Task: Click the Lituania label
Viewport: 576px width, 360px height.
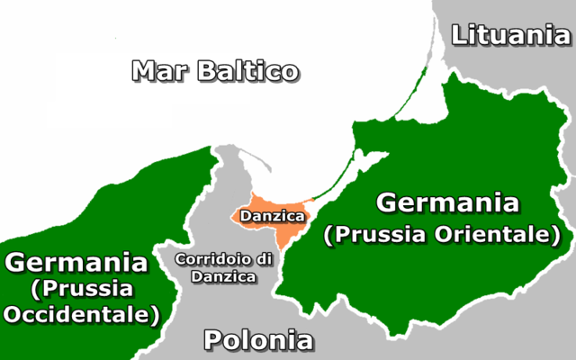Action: point(510,35)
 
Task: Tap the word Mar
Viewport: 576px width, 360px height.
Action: point(160,70)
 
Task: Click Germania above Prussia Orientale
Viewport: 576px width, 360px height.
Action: point(447,203)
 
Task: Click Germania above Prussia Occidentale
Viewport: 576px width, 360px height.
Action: point(76,263)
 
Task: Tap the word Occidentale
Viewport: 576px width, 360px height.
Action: point(80,315)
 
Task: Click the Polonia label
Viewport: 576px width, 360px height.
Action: point(258,341)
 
